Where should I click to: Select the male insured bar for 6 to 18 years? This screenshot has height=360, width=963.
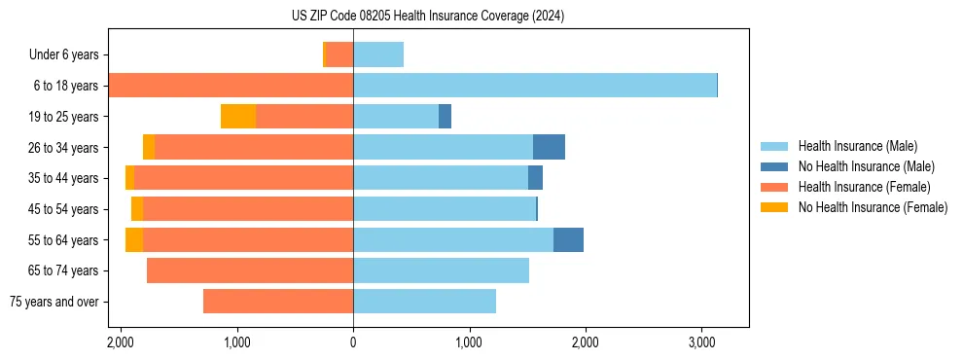pyautogui.click(x=535, y=86)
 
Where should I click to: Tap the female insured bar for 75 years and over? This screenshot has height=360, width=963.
pyautogui.click(x=278, y=302)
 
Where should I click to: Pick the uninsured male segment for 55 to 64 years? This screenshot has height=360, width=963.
pyautogui.click(x=568, y=240)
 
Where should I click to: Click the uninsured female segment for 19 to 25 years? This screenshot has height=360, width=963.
pyautogui.click(x=238, y=117)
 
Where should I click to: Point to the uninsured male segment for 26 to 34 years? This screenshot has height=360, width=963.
pyautogui.click(x=549, y=147)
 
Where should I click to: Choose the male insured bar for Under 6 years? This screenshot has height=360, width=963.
pyautogui.click(x=378, y=54)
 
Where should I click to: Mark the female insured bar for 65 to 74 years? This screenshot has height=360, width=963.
pyautogui.click(x=250, y=270)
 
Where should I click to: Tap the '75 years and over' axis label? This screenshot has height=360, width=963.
pyautogui.click(x=53, y=302)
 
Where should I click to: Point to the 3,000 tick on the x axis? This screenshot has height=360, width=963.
pyautogui.click(x=701, y=343)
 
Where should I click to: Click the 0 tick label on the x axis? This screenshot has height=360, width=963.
pyautogui.click(x=353, y=343)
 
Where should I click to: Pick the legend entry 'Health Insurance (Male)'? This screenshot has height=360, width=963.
pyautogui.click(x=858, y=146)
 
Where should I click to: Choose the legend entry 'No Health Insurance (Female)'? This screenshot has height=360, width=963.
pyautogui.click(x=873, y=207)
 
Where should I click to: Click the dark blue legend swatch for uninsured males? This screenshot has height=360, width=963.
pyautogui.click(x=774, y=166)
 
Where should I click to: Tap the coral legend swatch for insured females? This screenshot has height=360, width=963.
pyautogui.click(x=774, y=187)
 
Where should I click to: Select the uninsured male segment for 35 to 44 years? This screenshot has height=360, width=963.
pyautogui.click(x=535, y=178)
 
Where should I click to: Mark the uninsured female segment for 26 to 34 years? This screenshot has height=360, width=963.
pyautogui.click(x=149, y=147)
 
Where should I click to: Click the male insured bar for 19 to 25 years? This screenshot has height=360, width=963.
pyautogui.click(x=396, y=117)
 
